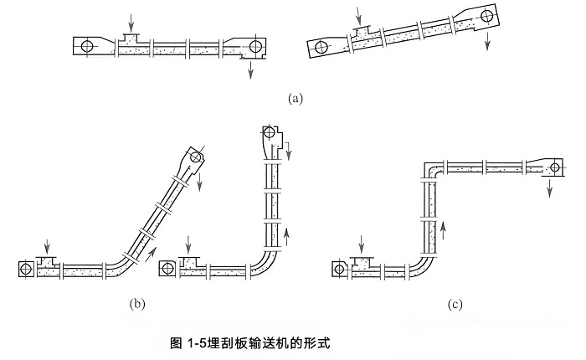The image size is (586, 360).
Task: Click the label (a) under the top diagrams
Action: point(294,98)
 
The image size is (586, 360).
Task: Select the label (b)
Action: point(136,303)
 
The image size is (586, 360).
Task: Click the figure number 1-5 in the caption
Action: point(194,342)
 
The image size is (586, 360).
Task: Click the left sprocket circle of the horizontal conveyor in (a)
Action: point(87,46)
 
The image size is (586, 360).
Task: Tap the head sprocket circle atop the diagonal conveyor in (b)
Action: point(195,155)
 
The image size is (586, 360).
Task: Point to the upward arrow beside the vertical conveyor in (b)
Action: point(287,232)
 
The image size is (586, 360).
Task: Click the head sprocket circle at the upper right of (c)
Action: point(553,168)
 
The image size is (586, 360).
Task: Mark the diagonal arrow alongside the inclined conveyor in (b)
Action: point(152,244)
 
